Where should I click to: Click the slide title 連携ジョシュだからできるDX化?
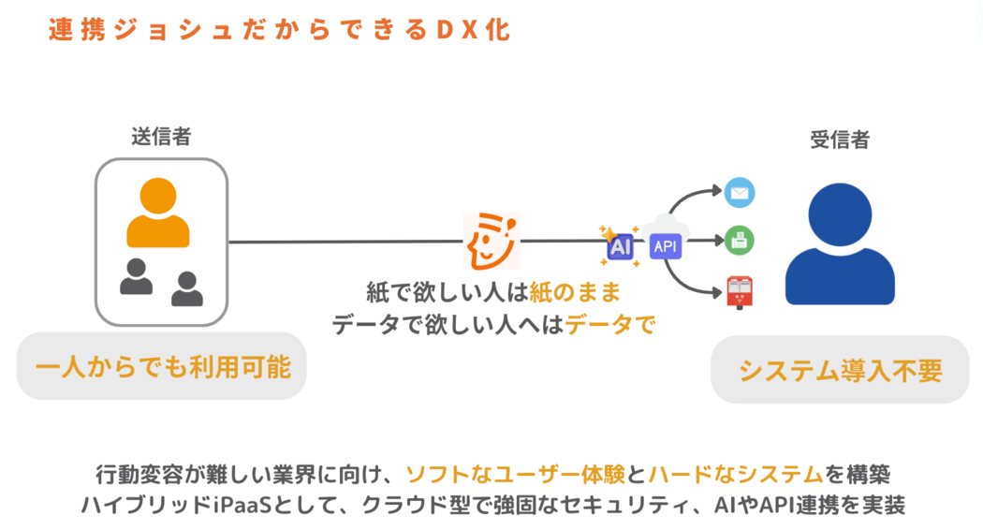click(278, 29)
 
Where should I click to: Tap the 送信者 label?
click(161, 136)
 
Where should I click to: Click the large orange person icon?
click(158, 213)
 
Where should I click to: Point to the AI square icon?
click(620, 246)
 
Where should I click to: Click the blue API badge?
click(666, 246)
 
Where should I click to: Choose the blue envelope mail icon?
click(740, 194)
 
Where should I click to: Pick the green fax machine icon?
click(740, 241)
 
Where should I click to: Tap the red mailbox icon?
click(740, 291)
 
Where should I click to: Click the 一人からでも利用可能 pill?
click(162, 366)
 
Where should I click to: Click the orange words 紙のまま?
click(574, 293)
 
